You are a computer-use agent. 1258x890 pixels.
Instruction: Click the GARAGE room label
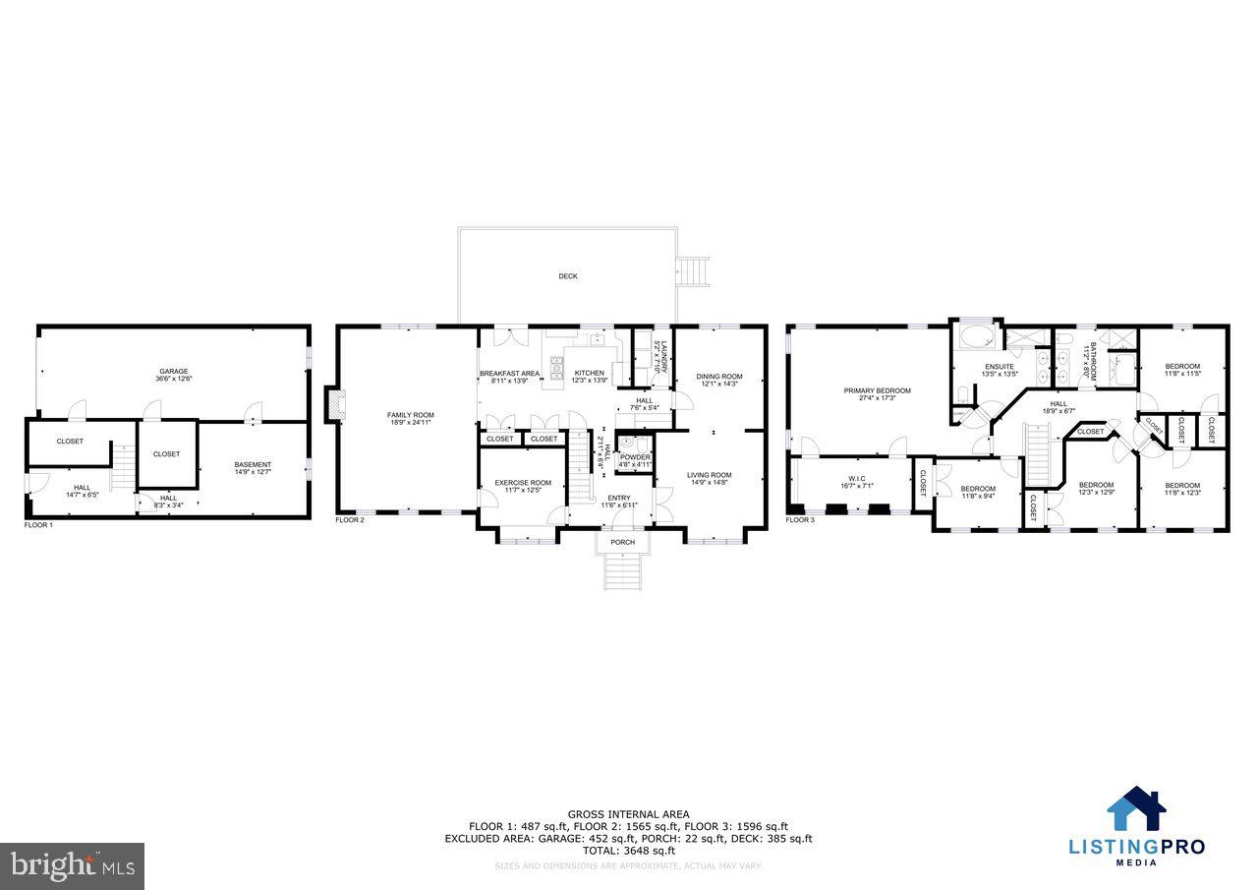(174, 372)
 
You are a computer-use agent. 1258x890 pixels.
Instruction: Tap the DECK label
(568, 276)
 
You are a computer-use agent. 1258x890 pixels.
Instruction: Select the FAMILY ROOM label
(410, 415)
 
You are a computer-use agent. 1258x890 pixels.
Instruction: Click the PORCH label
(623, 542)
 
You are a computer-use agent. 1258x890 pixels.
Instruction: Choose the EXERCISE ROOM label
(522, 483)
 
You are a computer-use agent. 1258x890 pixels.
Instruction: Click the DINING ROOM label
(719, 377)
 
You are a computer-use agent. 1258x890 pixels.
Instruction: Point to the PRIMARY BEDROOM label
(877, 390)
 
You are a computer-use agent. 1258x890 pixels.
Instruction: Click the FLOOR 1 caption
(38, 525)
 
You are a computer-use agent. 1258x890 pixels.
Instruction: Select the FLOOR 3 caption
(800, 519)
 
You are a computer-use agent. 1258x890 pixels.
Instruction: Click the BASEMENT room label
(253, 465)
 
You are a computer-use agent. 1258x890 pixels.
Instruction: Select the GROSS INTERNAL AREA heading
(628, 813)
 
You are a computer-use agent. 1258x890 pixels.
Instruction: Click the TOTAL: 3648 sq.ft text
(628, 851)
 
